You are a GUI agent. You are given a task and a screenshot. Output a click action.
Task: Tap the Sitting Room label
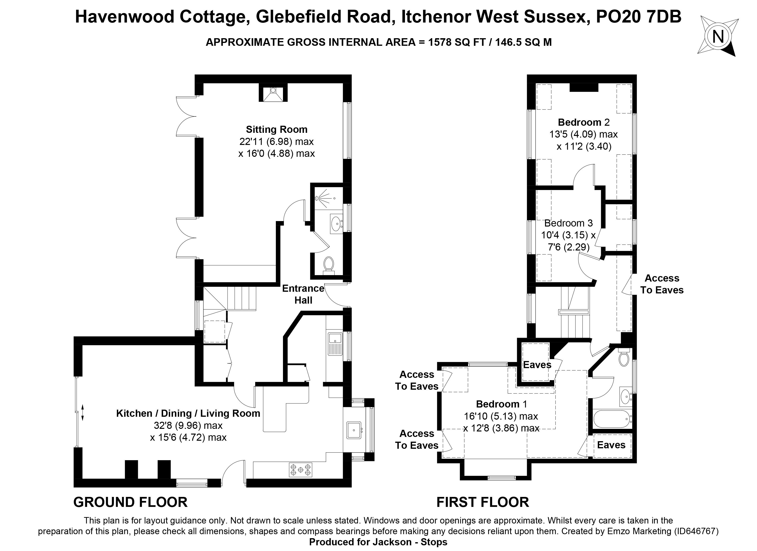pos(276,130)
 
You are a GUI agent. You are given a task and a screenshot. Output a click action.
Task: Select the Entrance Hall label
pos(303,294)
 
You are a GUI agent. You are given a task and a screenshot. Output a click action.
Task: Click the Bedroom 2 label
pos(583,122)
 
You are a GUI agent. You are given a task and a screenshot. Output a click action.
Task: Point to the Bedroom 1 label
pos(501,404)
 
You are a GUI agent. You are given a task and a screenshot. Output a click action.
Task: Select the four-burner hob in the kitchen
pos(300,470)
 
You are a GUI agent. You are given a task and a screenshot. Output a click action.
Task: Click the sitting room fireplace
pos(273,93)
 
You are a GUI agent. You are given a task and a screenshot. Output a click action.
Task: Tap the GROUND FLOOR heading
pos(130,502)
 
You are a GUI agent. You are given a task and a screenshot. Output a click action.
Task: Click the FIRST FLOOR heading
pos(483,502)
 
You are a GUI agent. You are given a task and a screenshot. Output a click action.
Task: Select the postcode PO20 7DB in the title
pos(638,17)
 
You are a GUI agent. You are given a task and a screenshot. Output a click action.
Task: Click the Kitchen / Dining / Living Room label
pos(188,414)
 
